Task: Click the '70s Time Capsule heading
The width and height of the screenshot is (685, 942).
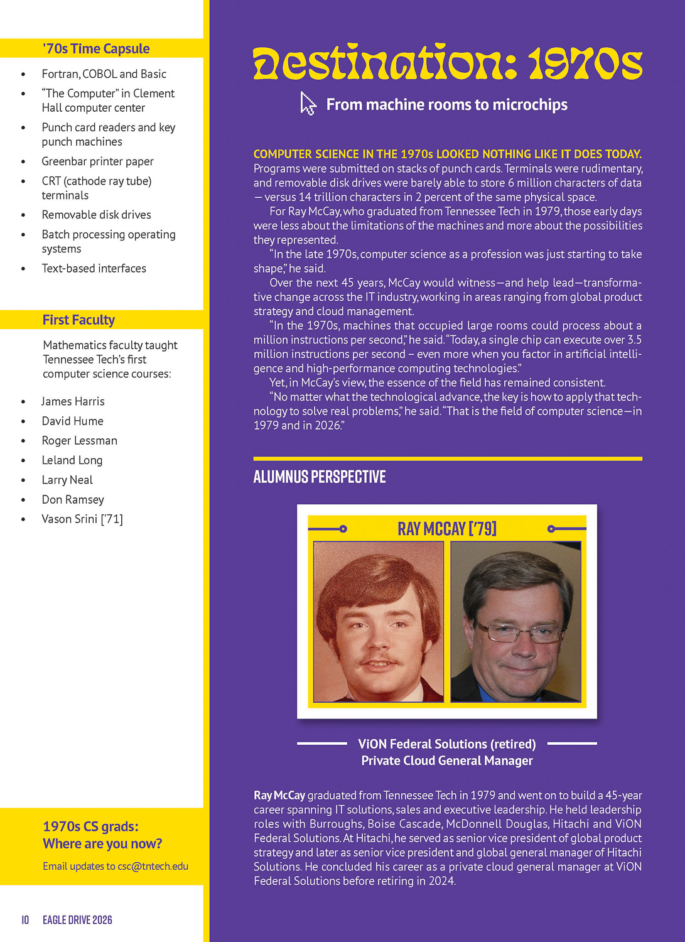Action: click(96, 49)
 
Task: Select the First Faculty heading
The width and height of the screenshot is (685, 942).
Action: click(78, 320)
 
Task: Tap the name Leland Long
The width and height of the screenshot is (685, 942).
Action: click(72, 460)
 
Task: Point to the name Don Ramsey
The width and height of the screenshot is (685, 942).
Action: click(73, 500)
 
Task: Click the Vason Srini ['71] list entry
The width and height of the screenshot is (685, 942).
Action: click(82, 519)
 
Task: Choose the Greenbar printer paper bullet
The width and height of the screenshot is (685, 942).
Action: click(97, 161)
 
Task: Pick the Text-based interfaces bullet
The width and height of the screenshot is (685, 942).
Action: click(94, 269)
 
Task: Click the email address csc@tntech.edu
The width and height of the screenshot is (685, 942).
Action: click(153, 867)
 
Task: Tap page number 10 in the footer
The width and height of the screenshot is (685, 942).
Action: click(25, 920)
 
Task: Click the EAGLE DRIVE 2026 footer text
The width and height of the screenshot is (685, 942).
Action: click(77, 920)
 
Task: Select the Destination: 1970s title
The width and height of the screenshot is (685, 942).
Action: click(448, 63)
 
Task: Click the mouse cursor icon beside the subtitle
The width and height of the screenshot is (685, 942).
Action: click(308, 104)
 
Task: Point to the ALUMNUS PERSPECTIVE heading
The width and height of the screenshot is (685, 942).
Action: click(320, 477)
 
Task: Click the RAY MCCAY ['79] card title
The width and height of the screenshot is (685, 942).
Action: click(447, 529)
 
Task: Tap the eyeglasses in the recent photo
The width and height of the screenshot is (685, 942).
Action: click(519, 631)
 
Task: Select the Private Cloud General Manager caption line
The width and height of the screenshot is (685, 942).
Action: click(447, 761)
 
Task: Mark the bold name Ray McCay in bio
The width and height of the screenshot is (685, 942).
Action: click(279, 796)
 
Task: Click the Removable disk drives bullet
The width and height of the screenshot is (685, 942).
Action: click(96, 215)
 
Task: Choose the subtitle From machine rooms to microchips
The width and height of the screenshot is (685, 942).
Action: click(447, 105)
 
